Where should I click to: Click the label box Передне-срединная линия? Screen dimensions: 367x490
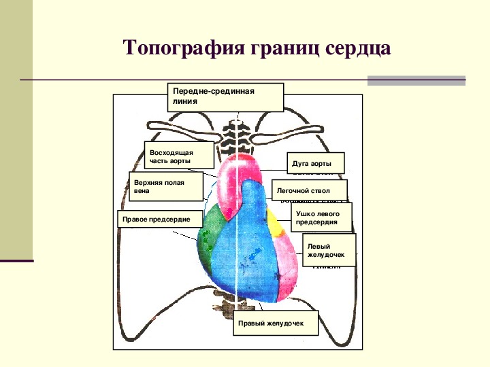click(x=225, y=97)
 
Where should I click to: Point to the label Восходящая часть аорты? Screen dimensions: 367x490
click(x=173, y=157)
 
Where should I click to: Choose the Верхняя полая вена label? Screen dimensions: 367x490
click(x=165, y=187)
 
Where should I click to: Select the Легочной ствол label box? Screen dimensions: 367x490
click(x=309, y=191)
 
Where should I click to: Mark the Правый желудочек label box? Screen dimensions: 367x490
click(x=276, y=326)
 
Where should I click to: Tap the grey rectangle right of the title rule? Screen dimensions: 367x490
click(x=416, y=80)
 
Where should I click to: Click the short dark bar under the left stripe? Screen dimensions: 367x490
click(x=16, y=260)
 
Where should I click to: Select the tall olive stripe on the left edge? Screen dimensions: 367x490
click(x=16, y=129)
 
